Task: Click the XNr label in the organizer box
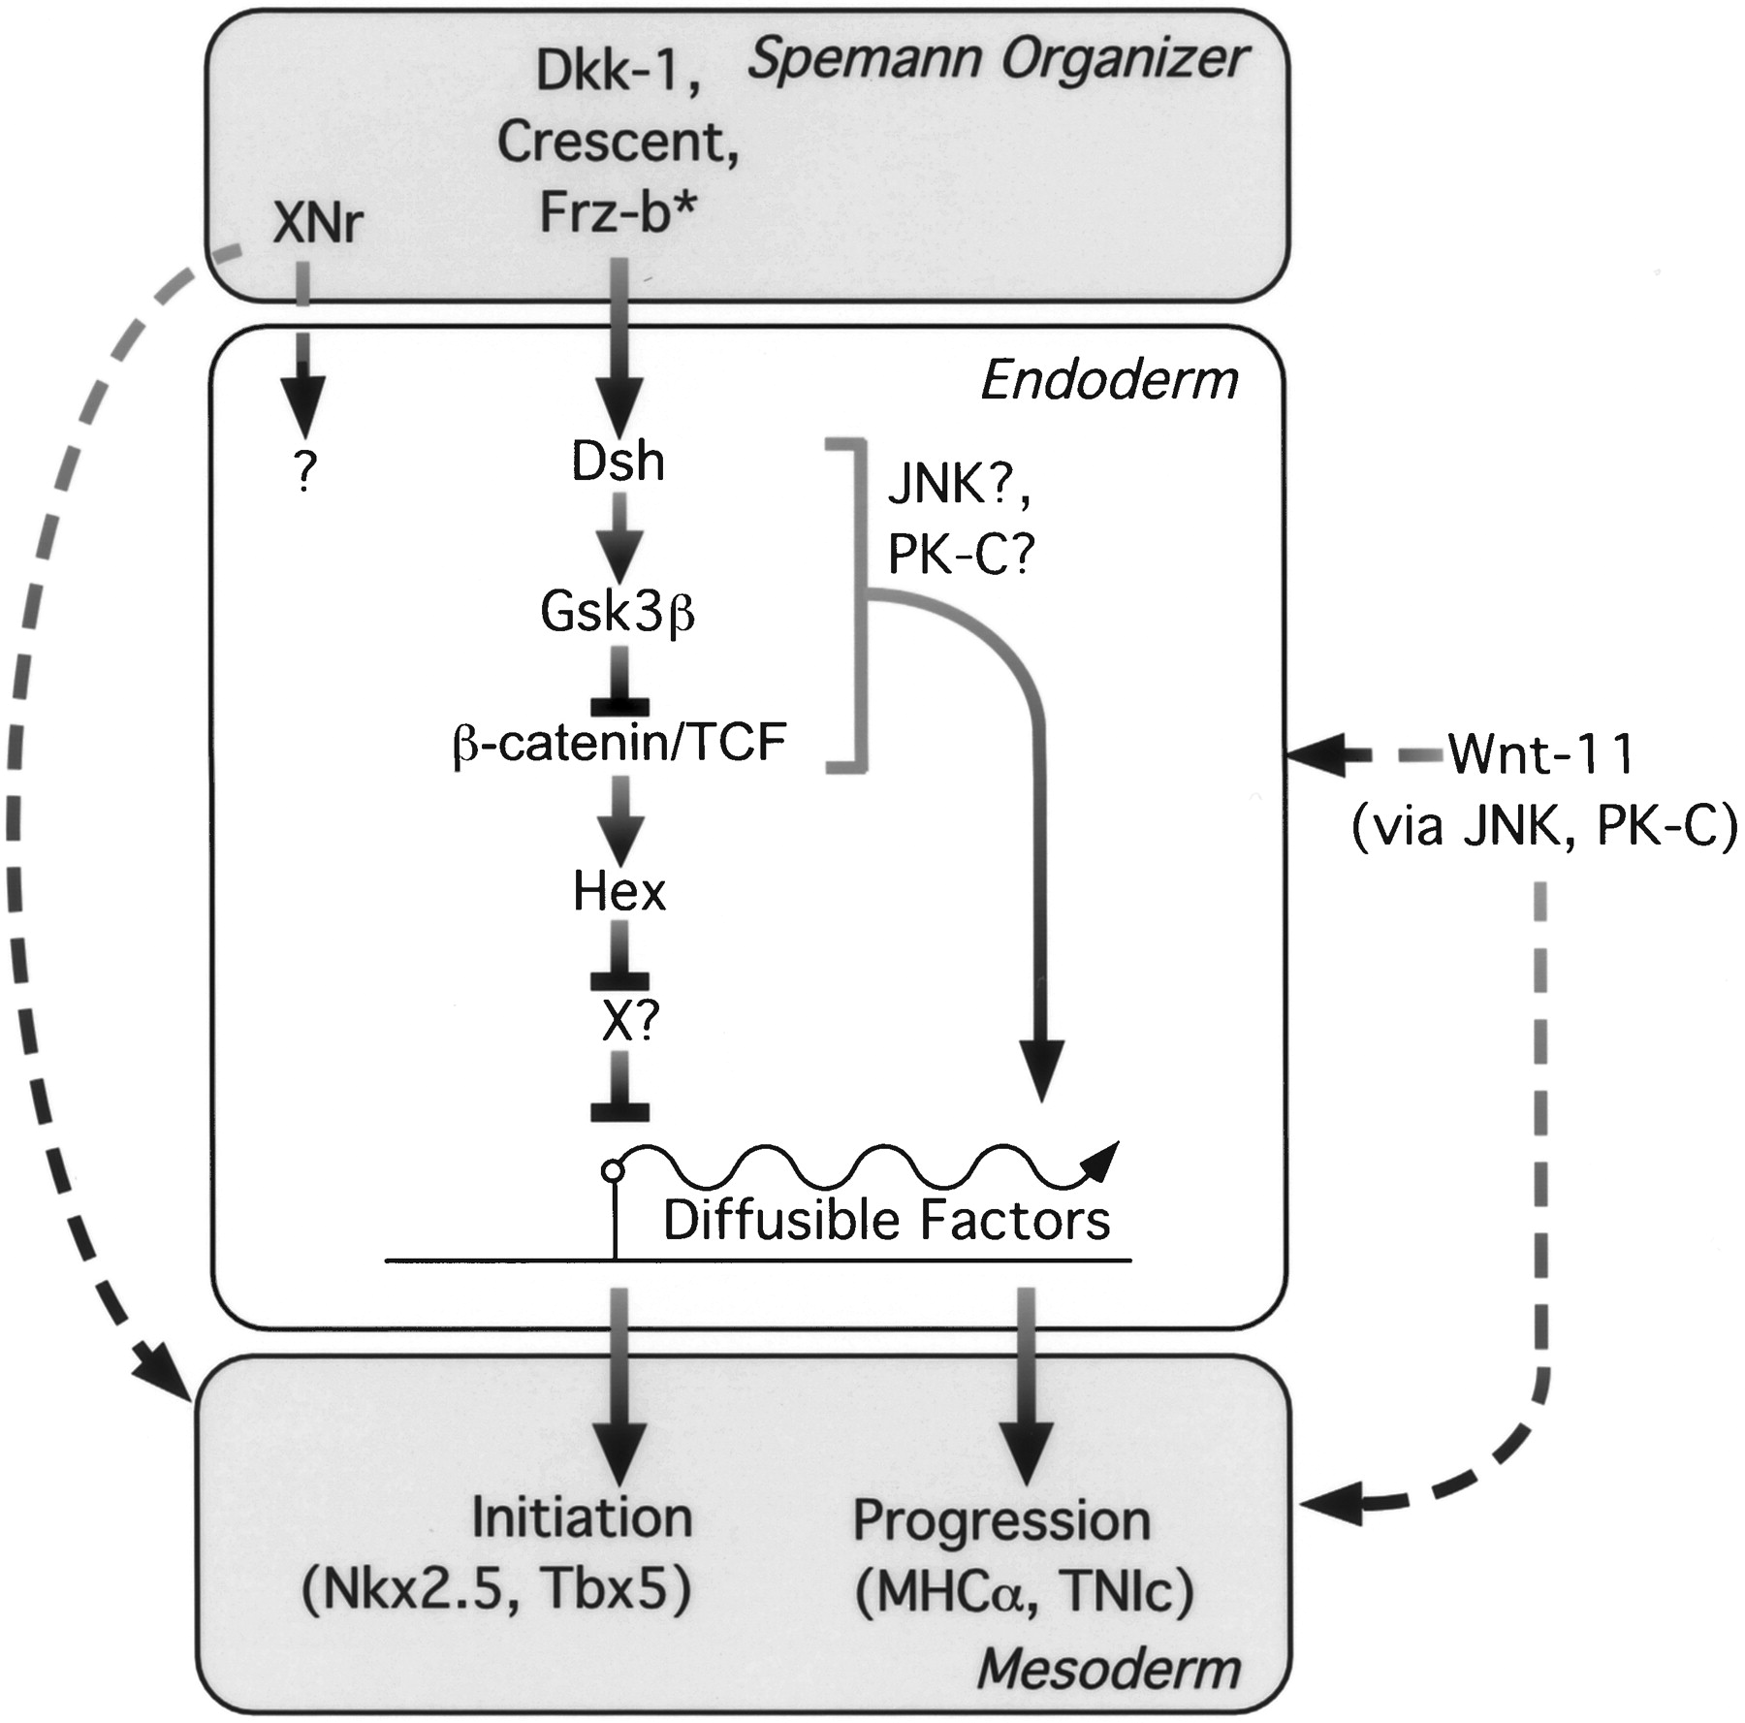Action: coord(318,224)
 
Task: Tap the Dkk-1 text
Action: coord(618,72)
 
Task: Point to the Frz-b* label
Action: coord(618,211)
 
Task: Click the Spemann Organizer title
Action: coord(997,60)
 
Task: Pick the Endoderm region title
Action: coord(1109,379)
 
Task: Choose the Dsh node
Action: coord(618,462)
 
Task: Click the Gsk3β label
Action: coord(618,612)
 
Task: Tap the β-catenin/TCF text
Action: coord(619,743)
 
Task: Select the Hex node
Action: coord(619,891)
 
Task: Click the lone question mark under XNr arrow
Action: coord(304,472)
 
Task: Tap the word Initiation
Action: coord(582,1517)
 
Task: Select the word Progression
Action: coord(1000,1520)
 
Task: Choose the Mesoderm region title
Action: coord(1108,1669)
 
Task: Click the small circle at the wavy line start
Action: coord(613,1170)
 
